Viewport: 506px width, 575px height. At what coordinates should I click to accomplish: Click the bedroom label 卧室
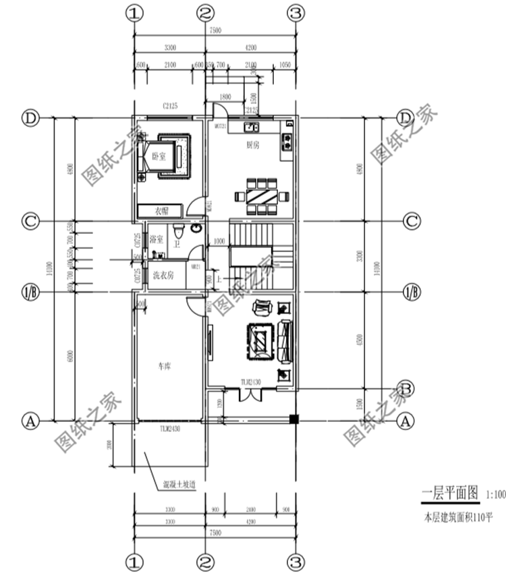click(158, 156)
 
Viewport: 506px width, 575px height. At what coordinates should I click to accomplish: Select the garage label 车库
click(165, 367)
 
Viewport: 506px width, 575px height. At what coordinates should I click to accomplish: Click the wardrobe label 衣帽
click(161, 211)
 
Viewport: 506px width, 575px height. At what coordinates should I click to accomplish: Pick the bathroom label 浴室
click(156, 239)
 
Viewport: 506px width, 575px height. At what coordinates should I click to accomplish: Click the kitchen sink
click(253, 126)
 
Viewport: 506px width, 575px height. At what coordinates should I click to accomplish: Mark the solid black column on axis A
click(293, 419)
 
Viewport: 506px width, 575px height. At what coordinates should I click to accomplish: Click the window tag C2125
click(169, 106)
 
